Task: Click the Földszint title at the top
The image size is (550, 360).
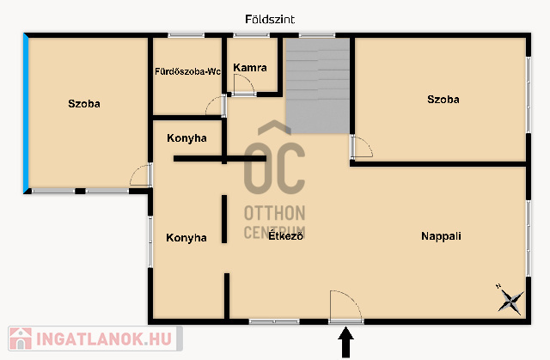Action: click(270, 19)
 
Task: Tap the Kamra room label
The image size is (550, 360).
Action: click(250, 68)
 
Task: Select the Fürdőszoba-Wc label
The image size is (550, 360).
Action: click(187, 71)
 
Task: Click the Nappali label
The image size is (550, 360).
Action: click(441, 236)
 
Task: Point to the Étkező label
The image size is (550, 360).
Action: click(285, 235)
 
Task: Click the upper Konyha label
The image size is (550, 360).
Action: click(186, 138)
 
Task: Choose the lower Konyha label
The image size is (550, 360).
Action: click(186, 238)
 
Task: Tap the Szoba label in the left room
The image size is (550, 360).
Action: click(84, 104)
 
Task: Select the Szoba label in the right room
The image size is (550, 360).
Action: click(443, 100)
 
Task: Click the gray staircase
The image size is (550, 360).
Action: click(318, 86)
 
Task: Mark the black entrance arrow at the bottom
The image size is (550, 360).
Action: click(345, 342)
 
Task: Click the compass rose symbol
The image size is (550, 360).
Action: click(510, 301)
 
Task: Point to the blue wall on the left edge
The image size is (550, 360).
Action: click(26, 113)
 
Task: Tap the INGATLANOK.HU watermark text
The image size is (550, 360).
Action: click(104, 339)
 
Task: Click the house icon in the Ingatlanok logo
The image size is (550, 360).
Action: click(21, 339)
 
